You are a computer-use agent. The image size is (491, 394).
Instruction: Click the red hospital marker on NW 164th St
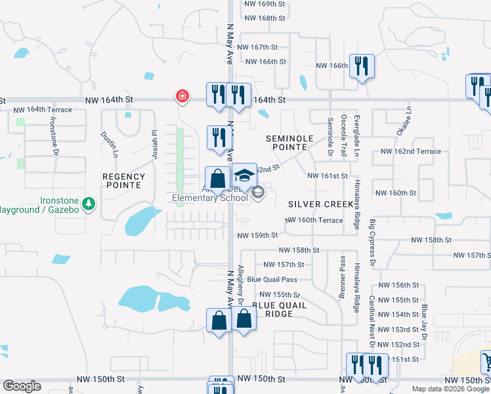pyautogui.click(x=182, y=97)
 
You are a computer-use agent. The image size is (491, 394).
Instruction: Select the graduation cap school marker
pyautogui.click(x=244, y=175)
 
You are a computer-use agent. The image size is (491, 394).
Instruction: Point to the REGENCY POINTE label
pyautogui.click(x=123, y=181)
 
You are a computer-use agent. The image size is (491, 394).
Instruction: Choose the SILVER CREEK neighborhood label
pyautogui.click(x=316, y=204)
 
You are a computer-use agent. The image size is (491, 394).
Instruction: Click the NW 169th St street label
pyautogui.click(x=265, y=4)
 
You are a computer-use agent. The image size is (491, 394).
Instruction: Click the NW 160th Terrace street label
pyautogui.click(x=315, y=220)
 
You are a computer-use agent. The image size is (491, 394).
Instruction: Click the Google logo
pyautogui.click(x=22, y=386)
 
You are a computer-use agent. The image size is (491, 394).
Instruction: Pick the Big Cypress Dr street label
pyautogui.click(x=372, y=243)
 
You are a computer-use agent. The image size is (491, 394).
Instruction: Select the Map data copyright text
pyautogui.click(x=450, y=389)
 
